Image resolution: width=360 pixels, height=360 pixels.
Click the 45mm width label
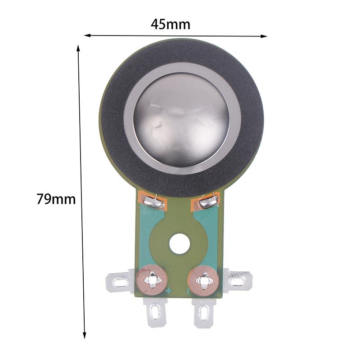pyautogui.click(x=171, y=24)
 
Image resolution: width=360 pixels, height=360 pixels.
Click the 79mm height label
pyautogui.click(x=56, y=198)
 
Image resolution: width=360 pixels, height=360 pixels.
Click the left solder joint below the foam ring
pyautogui.click(x=154, y=204)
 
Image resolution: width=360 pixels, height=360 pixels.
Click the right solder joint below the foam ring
pyautogui.click(x=208, y=202)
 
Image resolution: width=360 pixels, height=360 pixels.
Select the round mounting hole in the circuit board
pyautogui.click(x=179, y=244)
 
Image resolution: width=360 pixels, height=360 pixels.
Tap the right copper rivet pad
pyautogui.click(x=205, y=282)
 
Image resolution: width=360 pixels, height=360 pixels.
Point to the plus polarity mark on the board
pyautogui.click(x=168, y=291)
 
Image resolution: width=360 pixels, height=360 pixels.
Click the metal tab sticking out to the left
pyautogui.click(x=119, y=282)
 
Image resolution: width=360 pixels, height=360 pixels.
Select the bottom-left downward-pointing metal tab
pyautogui.click(x=155, y=312)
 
